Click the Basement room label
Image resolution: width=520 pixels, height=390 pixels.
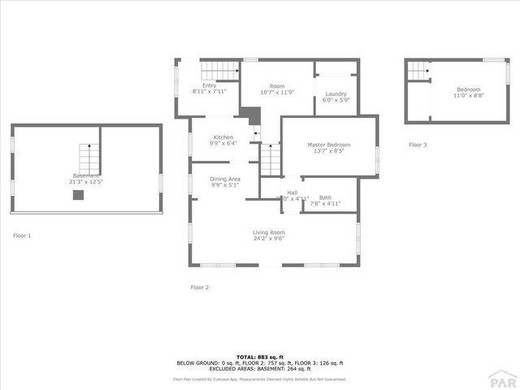click(x=86, y=175)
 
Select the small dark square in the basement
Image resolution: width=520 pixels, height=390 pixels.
click(x=78, y=195)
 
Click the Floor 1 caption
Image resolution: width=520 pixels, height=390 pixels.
click(x=22, y=236)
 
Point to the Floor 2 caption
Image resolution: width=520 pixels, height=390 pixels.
click(x=200, y=287)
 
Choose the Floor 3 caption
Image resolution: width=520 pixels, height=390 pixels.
click(x=418, y=145)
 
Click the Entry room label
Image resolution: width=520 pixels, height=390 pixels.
click(x=209, y=85)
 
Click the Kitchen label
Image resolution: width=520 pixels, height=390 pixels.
click(x=223, y=137)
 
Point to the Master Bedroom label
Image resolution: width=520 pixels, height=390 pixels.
click(x=328, y=145)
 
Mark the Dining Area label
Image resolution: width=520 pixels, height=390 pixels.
click(x=225, y=179)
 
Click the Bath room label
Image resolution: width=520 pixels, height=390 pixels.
click(x=325, y=197)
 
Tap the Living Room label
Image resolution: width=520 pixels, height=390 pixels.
click(x=268, y=232)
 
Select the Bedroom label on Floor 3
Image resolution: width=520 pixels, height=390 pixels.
click(x=468, y=89)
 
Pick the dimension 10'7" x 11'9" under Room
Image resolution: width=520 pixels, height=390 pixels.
click(x=277, y=92)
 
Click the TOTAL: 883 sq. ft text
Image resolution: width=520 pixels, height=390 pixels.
click(x=260, y=357)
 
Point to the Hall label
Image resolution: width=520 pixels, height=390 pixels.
click(x=292, y=193)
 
